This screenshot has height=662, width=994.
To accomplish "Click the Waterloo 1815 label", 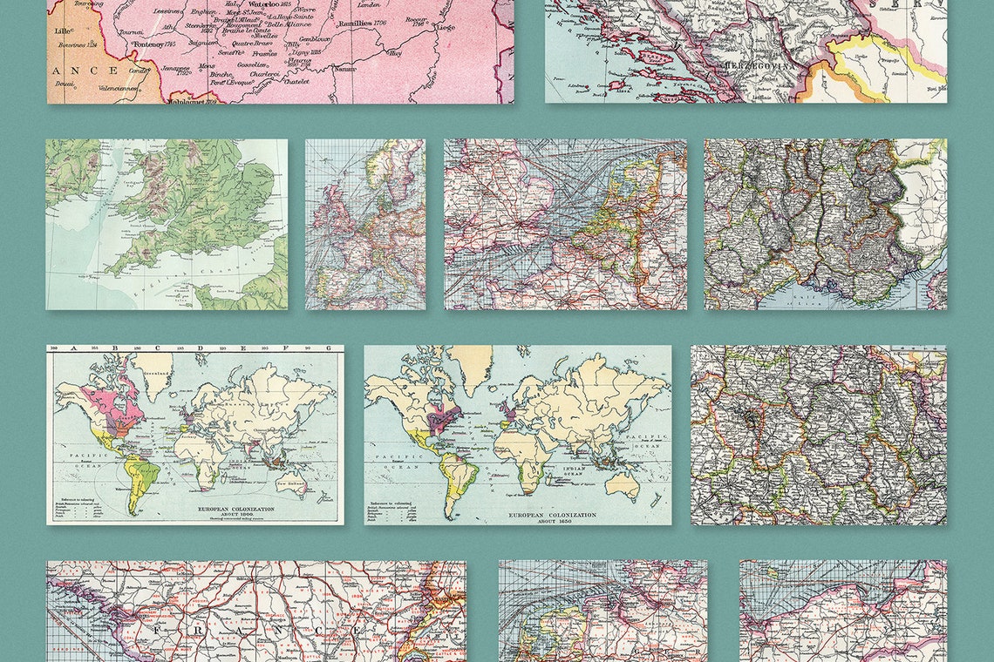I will pos(261,4).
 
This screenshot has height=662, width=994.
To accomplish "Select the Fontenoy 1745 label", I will pos(158,44).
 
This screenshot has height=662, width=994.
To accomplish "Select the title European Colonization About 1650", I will pos(553,516).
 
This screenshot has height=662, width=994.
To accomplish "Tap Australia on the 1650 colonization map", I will pos(623,483).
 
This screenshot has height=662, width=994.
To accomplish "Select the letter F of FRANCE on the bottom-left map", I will pos(158,628).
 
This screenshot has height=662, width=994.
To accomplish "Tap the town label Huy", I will pos(395,53).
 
